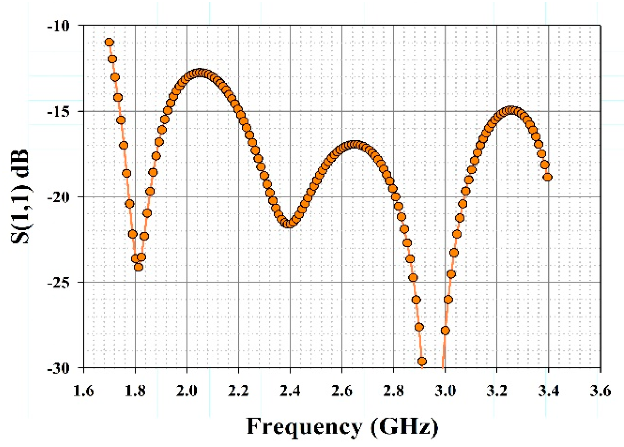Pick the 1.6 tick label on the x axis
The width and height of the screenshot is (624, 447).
[x=83, y=391]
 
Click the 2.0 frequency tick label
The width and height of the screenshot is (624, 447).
[x=187, y=391]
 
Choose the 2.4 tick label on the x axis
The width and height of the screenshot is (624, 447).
[x=290, y=391]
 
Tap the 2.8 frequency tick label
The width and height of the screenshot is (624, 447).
[x=393, y=391]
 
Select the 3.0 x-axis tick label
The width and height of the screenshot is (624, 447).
[x=445, y=391]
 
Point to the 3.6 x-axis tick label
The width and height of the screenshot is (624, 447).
[x=600, y=391]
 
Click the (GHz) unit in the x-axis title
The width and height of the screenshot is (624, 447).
[x=404, y=427]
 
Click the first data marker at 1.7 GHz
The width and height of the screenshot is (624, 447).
[x=109, y=42]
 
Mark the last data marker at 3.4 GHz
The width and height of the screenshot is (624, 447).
[x=548, y=177]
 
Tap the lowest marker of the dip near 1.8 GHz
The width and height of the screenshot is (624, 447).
[x=138, y=267]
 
